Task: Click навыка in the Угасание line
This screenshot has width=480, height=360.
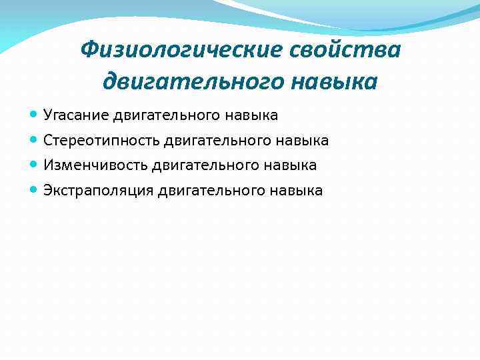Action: tap(254, 116)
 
